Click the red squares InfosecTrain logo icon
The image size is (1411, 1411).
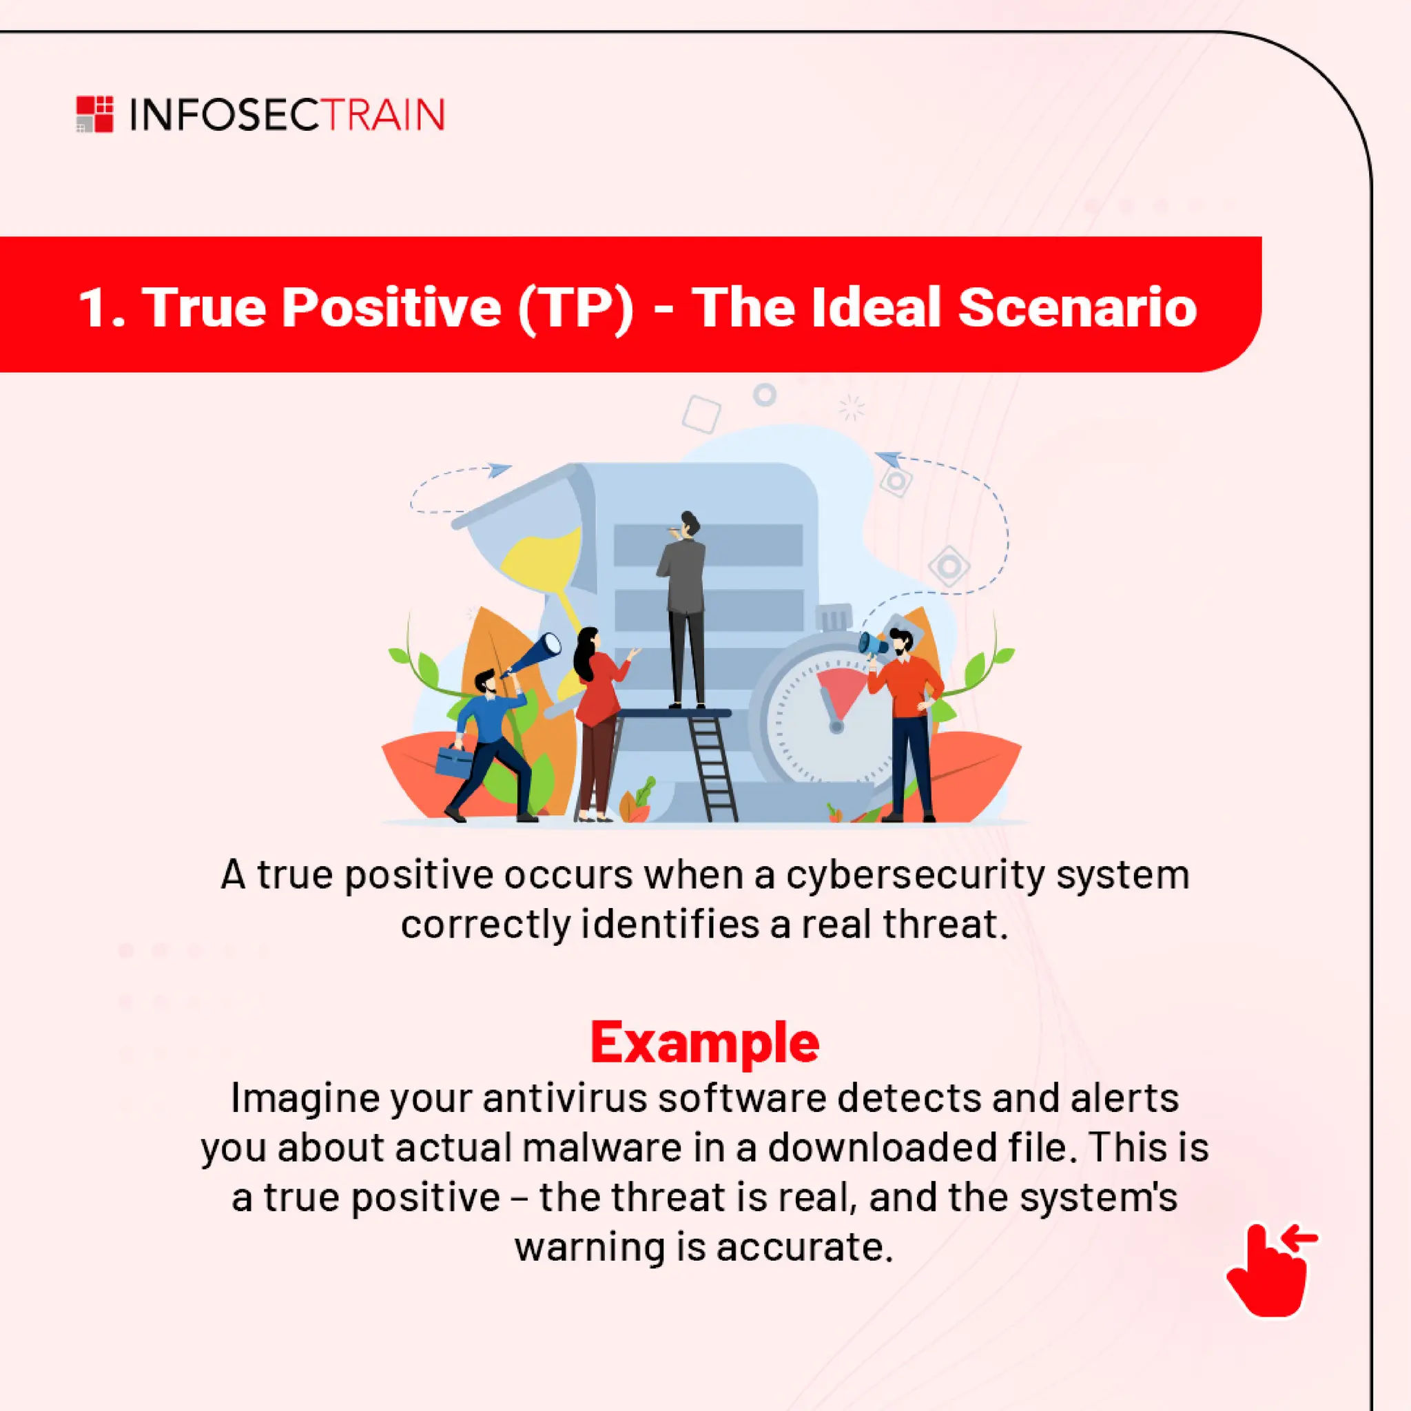coord(95,114)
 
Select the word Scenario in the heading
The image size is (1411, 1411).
coord(1077,307)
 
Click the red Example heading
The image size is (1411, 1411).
coord(704,1044)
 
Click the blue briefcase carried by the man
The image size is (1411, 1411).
coord(454,761)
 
